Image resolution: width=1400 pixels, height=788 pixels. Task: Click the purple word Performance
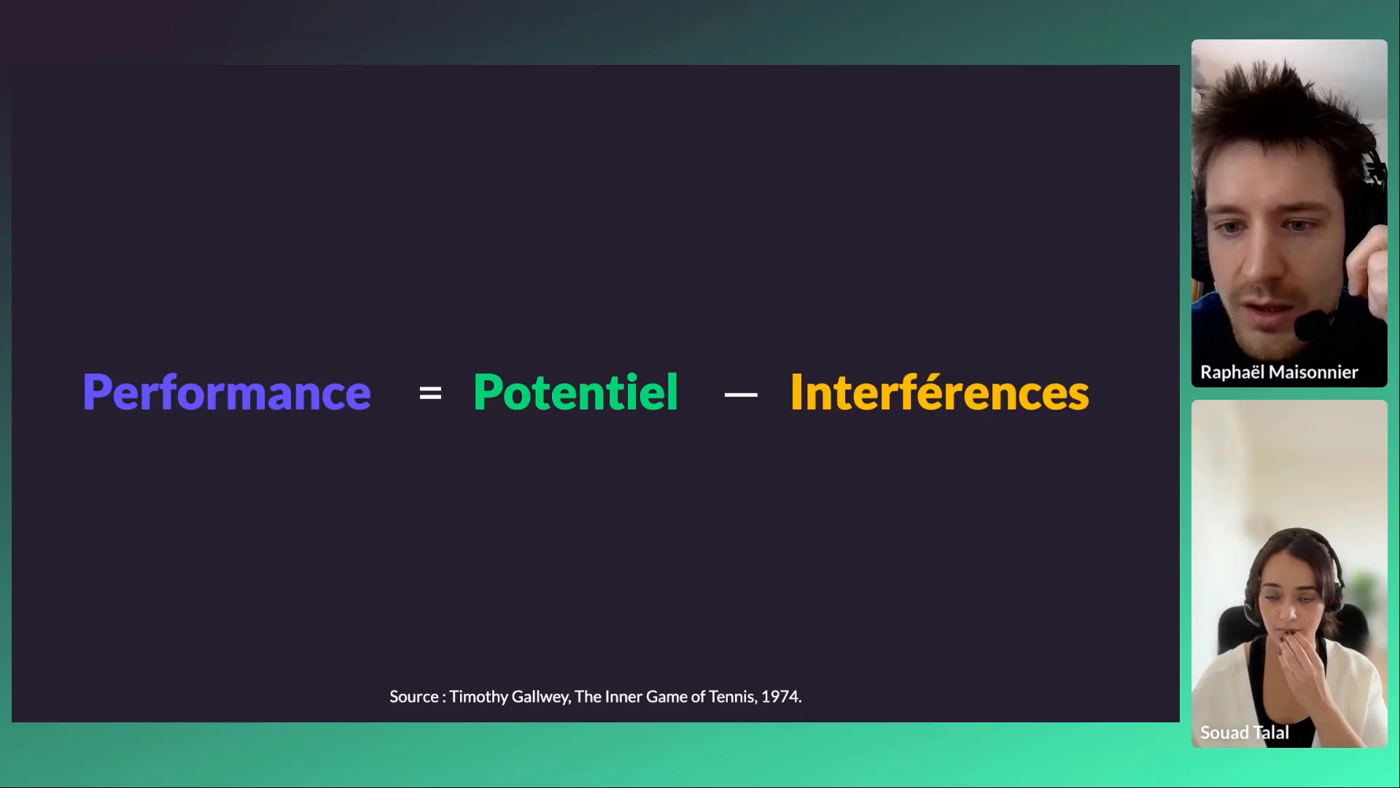[227, 393]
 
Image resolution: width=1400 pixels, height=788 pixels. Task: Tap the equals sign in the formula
[430, 394]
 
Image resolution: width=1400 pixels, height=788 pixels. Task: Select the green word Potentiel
[576, 392]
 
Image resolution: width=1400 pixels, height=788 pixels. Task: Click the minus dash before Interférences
[741, 395]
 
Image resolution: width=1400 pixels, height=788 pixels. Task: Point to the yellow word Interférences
[940, 392]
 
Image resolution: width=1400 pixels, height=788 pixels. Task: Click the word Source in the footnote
[414, 697]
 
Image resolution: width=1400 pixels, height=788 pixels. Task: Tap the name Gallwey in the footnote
[541, 698]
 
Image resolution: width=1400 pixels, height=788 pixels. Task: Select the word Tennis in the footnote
[732, 697]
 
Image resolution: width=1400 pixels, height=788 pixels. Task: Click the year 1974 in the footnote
[781, 697]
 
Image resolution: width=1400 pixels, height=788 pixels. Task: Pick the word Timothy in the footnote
[478, 698]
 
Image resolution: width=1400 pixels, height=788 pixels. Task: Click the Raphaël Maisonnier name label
[1279, 372]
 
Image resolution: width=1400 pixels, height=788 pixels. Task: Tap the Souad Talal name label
[1245, 733]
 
